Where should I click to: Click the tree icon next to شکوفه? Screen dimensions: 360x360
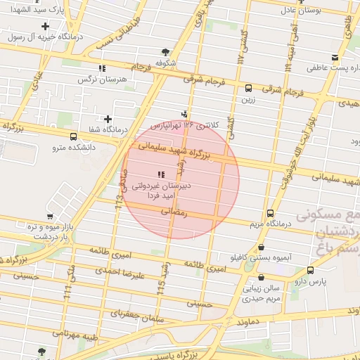click(x=165, y=51)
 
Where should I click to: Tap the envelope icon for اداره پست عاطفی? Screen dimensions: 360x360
click(x=335, y=58)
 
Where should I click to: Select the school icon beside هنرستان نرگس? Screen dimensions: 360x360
click(x=103, y=68)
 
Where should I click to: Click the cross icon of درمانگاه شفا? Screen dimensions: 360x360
click(x=108, y=119)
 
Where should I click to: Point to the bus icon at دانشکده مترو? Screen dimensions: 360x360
click(x=74, y=136)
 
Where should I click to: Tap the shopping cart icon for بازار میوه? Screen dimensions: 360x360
click(x=50, y=216)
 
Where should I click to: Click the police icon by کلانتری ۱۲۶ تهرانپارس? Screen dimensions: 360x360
click(x=185, y=113)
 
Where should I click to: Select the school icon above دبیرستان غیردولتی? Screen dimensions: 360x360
click(x=161, y=174)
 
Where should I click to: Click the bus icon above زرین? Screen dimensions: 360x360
click(x=248, y=89)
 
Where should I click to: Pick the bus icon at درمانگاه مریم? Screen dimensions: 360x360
click(x=271, y=213)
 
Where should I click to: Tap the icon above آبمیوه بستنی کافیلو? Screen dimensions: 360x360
click(x=262, y=247)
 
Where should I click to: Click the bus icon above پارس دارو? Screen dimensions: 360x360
click(x=310, y=269)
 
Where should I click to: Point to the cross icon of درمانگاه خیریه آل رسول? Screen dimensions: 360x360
click(x=46, y=25)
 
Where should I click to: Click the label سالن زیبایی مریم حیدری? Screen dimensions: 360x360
click(x=261, y=293)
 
